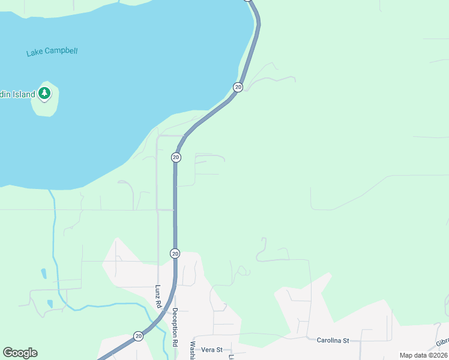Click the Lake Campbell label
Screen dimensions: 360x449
tap(52, 52)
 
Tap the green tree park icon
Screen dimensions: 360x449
tap(44, 93)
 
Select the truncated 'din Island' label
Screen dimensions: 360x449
tap(17, 95)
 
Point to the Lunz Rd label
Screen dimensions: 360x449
tap(158, 296)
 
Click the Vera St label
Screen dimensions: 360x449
tap(212, 349)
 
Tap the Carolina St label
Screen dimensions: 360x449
tap(333, 340)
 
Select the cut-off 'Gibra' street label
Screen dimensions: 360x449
tap(442, 342)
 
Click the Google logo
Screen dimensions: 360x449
tap(20, 353)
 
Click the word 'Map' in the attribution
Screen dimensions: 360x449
tap(406, 355)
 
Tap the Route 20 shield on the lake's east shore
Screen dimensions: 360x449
tap(238, 87)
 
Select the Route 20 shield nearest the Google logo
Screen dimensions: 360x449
tap(138, 336)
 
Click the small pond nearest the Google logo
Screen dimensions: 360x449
tap(50, 304)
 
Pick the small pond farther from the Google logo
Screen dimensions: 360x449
tap(44, 274)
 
